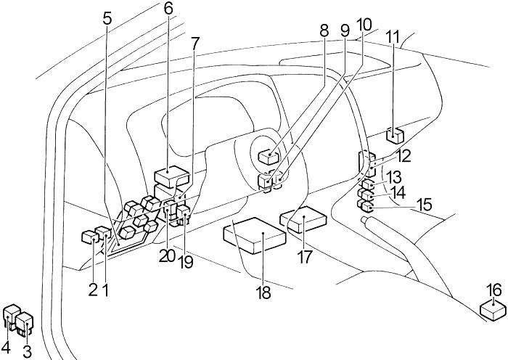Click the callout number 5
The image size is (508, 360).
tap(107, 18)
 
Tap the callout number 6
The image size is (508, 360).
tap(168, 9)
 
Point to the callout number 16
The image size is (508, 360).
tap(493, 290)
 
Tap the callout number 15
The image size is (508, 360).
tap(422, 205)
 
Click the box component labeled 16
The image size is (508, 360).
tap(493, 310)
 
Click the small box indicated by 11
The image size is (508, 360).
tap(396, 135)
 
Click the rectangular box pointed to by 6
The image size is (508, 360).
tap(172, 176)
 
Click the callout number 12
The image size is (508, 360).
tap(403, 155)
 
